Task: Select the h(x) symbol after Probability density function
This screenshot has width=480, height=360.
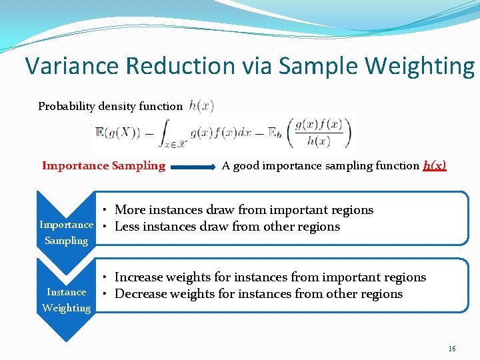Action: click(x=201, y=105)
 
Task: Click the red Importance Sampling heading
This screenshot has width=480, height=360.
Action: click(x=103, y=166)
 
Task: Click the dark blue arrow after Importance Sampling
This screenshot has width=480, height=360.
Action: click(x=193, y=167)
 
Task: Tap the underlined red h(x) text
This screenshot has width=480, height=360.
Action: click(x=435, y=166)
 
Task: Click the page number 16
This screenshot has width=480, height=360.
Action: click(x=451, y=349)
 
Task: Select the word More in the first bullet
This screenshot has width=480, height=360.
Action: click(x=130, y=210)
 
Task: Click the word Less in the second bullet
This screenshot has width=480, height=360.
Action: click(x=127, y=227)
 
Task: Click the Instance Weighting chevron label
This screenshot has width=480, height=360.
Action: click(x=66, y=300)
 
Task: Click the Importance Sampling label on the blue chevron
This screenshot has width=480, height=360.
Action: click(x=66, y=233)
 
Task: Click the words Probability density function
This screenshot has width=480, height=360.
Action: click(x=110, y=106)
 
